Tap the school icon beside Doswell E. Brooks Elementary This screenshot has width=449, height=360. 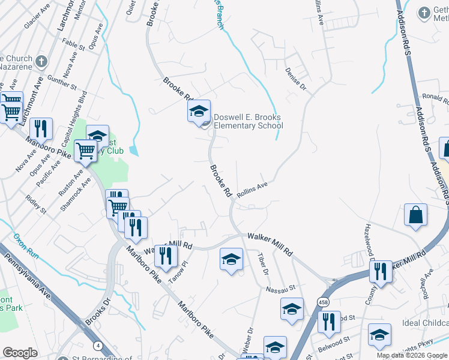199,112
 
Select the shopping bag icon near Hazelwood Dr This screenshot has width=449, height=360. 415,215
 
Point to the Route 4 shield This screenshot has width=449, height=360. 97,346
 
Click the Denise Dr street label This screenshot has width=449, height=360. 296,79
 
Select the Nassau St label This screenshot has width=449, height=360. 282,289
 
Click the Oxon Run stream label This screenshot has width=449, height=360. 26,245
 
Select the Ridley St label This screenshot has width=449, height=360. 35,204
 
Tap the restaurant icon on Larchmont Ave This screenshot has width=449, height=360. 40,128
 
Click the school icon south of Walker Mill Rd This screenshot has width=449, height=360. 231,260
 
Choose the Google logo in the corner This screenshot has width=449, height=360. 20,353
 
